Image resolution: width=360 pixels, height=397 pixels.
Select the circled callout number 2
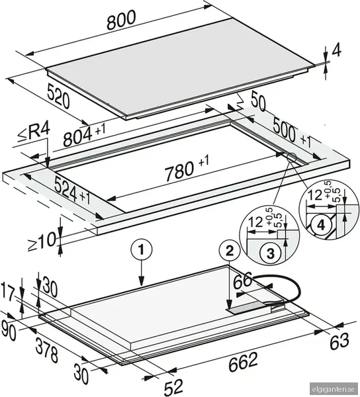pos(228,250)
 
